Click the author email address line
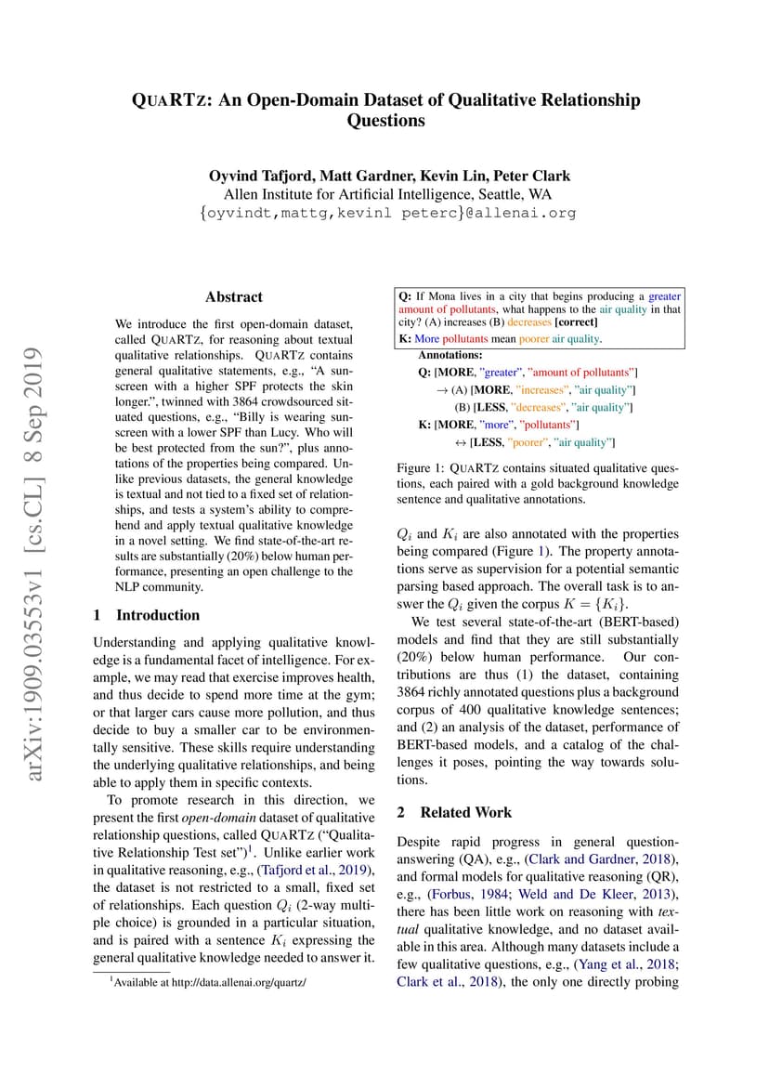[x=387, y=213]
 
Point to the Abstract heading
[x=234, y=297]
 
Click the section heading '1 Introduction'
[x=147, y=615]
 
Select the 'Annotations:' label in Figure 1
[x=450, y=355]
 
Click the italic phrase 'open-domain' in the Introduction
[x=215, y=818]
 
